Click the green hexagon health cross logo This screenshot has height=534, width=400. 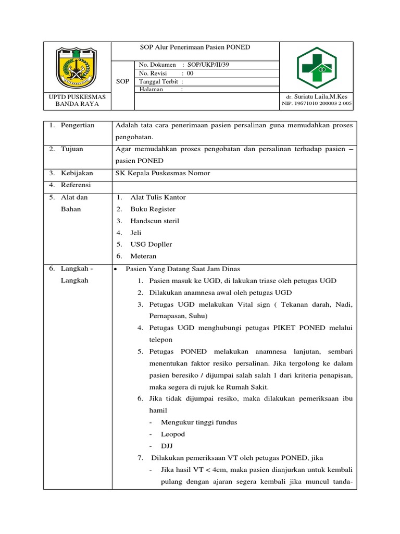(x=317, y=68)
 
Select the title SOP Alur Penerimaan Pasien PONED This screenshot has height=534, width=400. (x=195, y=47)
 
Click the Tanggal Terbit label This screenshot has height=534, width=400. (x=159, y=82)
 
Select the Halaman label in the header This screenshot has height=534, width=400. (x=152, y=90)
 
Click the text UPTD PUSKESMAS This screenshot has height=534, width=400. (x=77, y=96)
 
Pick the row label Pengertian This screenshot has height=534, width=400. (x=78, y=126)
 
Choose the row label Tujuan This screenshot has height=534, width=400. (x=73, y=149)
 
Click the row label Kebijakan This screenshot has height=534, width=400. (x=77, y=173)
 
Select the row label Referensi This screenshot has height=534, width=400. (x=76, y=185)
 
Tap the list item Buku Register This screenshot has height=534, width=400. (x=153, y=209)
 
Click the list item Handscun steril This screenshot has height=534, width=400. (x=155, y=221)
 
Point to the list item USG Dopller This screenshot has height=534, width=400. (x=151, y=245)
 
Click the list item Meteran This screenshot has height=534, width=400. (x=143, y=256)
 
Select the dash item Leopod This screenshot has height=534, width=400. (x=173, y=434)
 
